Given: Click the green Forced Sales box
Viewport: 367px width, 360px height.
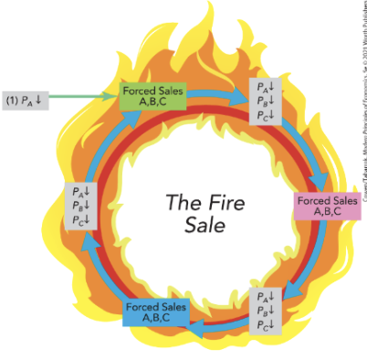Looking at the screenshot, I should (152, 96).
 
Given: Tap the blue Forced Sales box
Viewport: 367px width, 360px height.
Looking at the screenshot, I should (156, 312).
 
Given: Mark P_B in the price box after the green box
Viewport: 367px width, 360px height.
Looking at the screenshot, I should (264, 102).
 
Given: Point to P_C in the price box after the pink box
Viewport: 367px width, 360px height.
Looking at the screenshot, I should (264, 323).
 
